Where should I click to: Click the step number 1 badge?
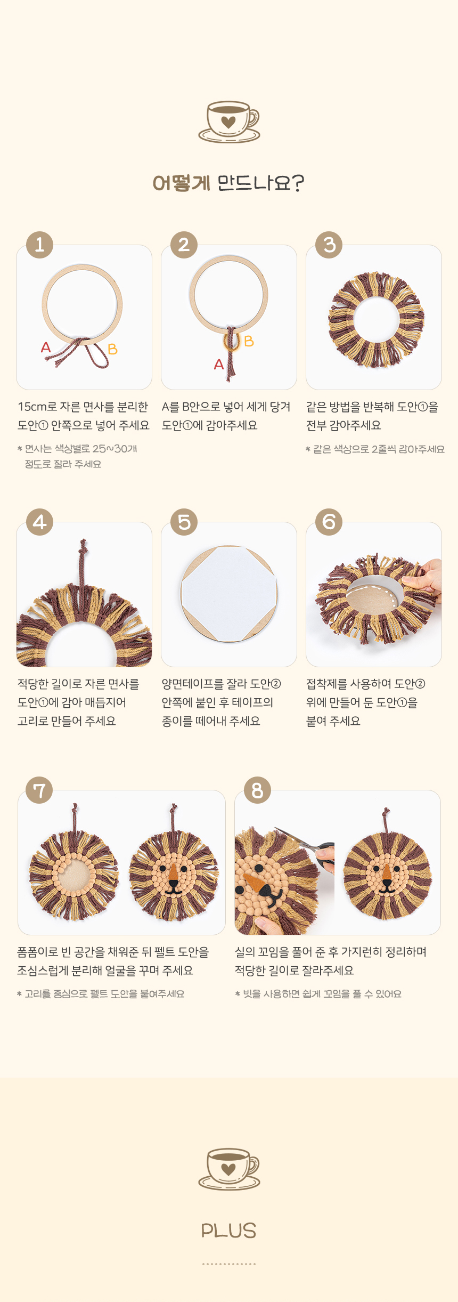point(39,245)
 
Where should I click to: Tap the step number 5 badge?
point(184,522)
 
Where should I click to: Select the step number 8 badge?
point(257,790)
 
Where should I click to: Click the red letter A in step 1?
point(46,347)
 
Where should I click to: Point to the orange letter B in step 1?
point(112,349)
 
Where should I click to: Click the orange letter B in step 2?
point(249,341)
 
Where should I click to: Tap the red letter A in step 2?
point(218,364)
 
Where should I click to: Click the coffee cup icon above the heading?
point(229,122)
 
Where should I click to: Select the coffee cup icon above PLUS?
point(229,1169)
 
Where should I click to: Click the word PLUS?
point(229,1231)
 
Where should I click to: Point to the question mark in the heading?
point(298,183)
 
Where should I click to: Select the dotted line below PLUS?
point(229,1264)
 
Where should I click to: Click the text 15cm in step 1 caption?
point(32,407)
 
